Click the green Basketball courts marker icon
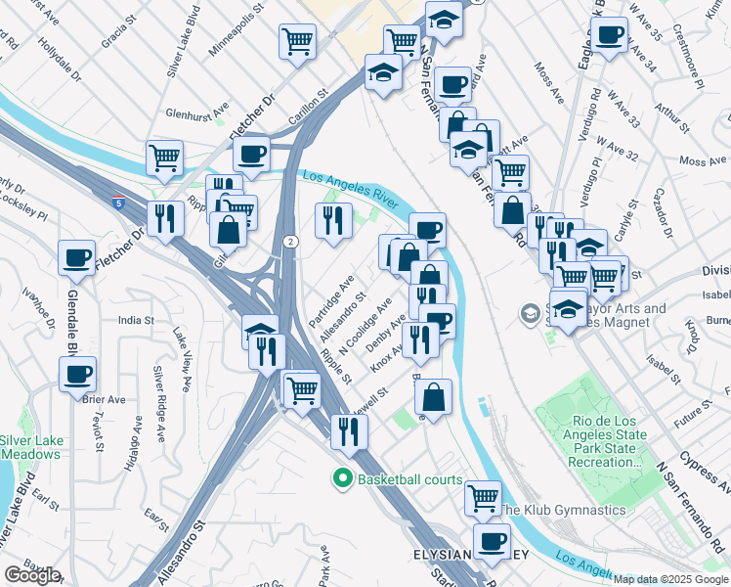(342, 479)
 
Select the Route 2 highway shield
(290, 241)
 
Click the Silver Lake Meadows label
(31, 447)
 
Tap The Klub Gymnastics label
(562, 510)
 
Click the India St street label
(136, 320)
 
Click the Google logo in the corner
(32, 575)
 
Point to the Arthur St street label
(673, 113)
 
